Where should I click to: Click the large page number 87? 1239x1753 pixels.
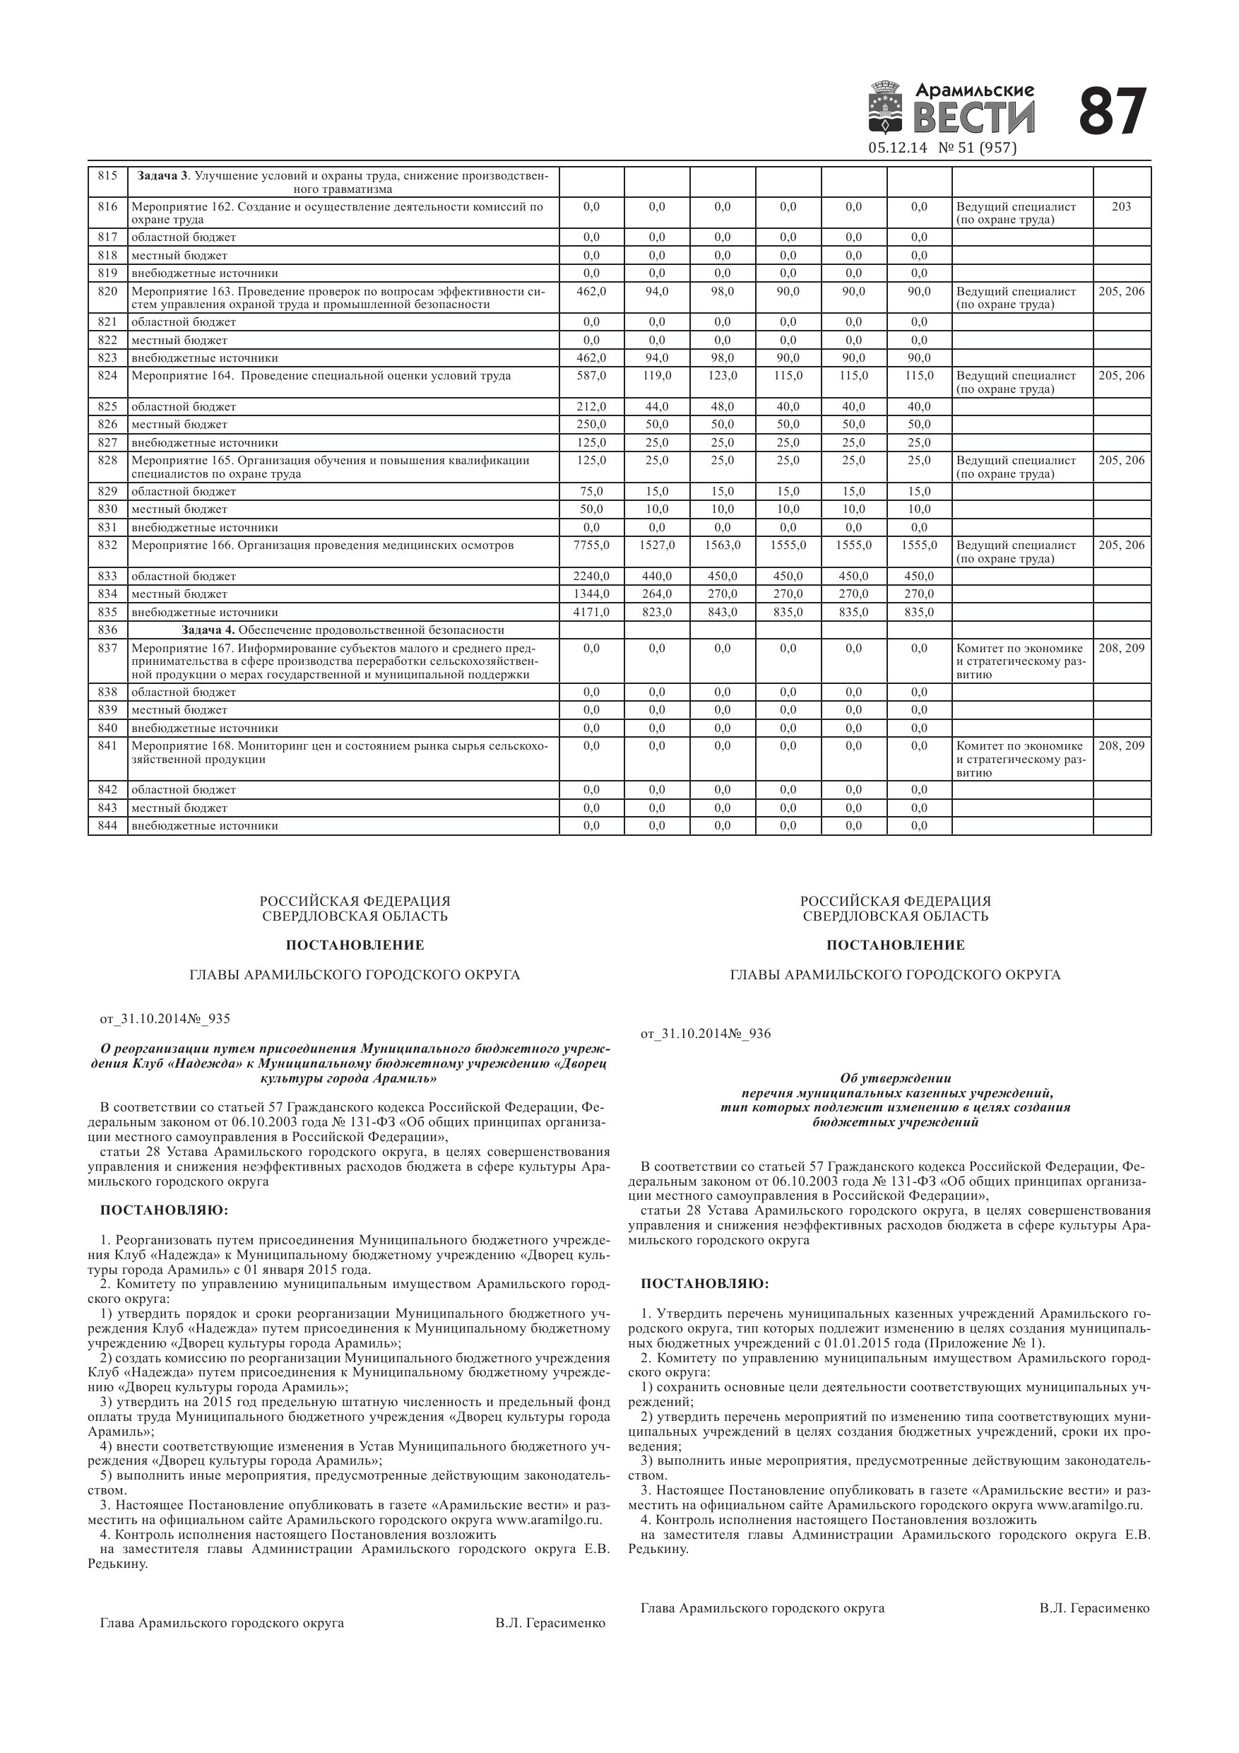1112,112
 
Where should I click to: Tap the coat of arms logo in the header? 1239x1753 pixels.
886,111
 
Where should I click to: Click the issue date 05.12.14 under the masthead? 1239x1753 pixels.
897,148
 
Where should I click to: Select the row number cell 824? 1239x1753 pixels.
107,376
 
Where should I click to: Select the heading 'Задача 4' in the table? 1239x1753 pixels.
208,630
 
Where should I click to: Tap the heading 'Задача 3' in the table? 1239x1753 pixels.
162,176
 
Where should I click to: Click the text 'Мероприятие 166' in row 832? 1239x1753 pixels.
182,545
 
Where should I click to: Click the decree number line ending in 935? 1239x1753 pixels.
165,1018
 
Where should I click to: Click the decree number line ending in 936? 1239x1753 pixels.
706,1034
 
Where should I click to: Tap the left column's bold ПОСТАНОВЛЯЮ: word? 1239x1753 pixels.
164,1211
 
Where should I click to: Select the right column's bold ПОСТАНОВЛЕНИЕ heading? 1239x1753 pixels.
895,945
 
